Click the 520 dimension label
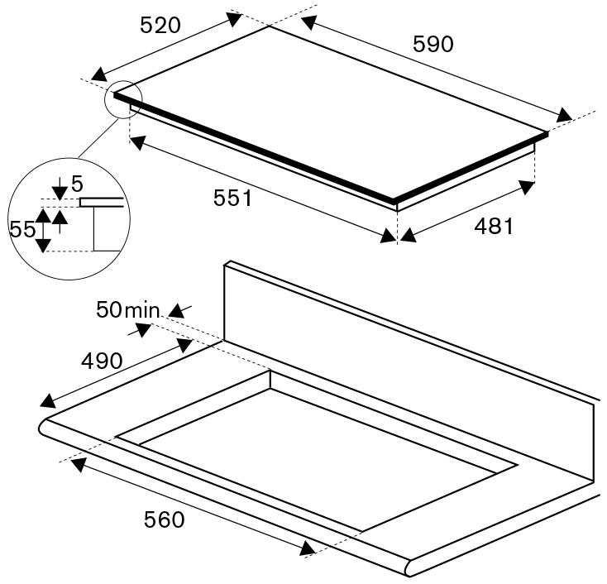160,26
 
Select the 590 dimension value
433,44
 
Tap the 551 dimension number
234,199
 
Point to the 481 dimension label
494,226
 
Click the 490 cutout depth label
102,361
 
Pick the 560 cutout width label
165,519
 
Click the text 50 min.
128,310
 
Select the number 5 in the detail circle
77,182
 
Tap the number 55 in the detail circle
22,229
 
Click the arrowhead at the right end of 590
564,115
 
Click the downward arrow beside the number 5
59,191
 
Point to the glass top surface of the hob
331,108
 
